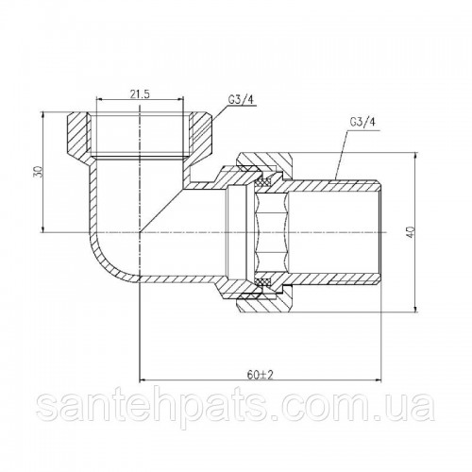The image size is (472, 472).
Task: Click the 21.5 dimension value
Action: [140, 93]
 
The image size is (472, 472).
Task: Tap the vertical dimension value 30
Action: [39, 172]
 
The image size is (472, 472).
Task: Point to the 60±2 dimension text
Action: [260, 375]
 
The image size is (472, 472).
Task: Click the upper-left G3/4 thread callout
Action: [241, 100]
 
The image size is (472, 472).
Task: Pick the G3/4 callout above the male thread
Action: [362, 122]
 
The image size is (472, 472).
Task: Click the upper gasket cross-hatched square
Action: [264, 182]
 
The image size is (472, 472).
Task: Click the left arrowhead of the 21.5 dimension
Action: [99, 100]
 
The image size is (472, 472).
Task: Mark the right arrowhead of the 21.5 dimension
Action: [180, 100]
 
